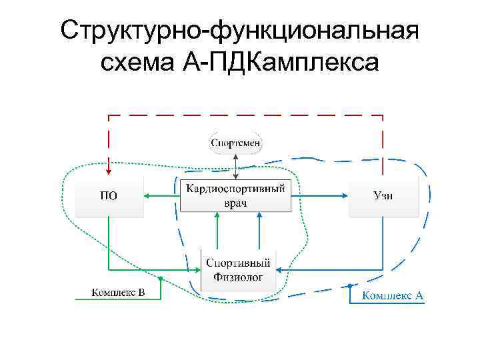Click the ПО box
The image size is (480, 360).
pos(109,196)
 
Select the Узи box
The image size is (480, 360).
pos(383,196)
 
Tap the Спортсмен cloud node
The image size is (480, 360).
pos(236,143)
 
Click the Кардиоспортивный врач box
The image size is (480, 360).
pos(236,195)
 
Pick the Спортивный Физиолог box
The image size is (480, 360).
pos(238,270)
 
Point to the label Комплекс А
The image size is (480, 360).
pos(393,295)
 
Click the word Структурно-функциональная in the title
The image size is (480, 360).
pos(239,31)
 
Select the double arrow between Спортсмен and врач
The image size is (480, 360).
pos(236,165)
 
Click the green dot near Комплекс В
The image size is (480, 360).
pos(160,277)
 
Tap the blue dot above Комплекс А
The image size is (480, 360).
pos(349,285)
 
